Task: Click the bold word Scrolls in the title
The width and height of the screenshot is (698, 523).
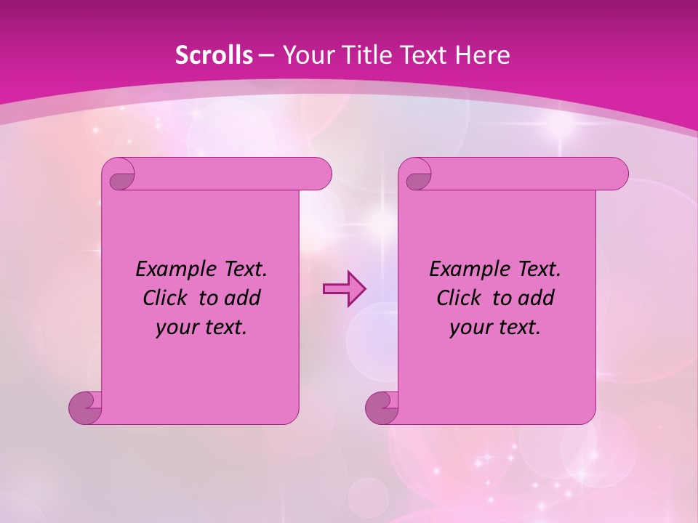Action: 214,55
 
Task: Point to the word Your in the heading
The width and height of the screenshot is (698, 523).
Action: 305,55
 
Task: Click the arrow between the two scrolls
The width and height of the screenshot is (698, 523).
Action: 344,289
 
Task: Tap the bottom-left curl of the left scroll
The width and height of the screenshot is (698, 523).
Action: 86,407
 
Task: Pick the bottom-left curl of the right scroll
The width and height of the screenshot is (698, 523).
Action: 382,407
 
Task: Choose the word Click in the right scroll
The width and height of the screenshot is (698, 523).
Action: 459,299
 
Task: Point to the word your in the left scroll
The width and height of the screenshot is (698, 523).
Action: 177,328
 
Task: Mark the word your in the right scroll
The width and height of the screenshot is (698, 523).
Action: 470,328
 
